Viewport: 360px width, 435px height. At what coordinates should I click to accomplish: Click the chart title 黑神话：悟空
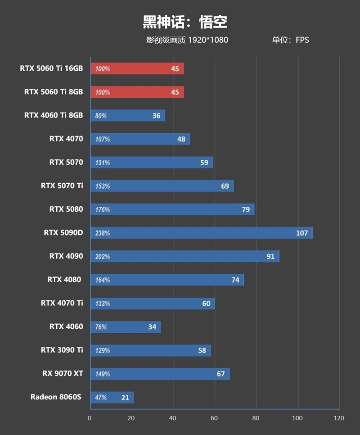pyautogui.click(x=185, y=21)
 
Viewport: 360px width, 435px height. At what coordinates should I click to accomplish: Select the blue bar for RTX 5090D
pyautogui.click(x=201, y=233)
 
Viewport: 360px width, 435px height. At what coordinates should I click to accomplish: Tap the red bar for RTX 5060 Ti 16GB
pyautogui.click(x=137, y=68)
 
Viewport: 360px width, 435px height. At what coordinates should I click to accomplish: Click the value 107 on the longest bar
pyautogui.click(x=302, y=233)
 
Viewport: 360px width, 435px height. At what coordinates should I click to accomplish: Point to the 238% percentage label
pyautogui.click(x=102, y=233)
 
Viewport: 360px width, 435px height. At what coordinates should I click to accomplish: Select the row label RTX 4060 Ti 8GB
pyautogui.click(x=54, y=115)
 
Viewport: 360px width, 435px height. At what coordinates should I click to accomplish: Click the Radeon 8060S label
pyautogui.click(x=57, y=397)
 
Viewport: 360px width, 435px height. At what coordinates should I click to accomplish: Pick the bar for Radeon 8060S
pyautogui.click(x=112, y=397)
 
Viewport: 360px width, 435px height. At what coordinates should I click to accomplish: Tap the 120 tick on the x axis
pyautogui.click(x=339, y=418)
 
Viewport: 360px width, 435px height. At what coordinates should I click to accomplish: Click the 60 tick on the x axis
pyautogui.click(x=215, y=418)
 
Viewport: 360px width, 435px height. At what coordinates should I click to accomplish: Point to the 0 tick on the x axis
pyautogui.click(x=90, y=418)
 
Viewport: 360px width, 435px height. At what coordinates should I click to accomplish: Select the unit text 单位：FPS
pyautogui.click(x=290, y=40)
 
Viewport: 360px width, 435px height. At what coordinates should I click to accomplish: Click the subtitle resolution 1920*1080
pyautogui.click(x=208, y=40)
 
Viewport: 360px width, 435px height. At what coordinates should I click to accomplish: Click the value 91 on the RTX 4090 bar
pyautogui.click(x=270, y=256)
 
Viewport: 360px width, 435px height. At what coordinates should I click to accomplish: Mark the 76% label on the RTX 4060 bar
pyautogui.click(x=101, y=327)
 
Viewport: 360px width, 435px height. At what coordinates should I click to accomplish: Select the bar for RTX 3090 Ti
pyautogui.click(x=150, y=350)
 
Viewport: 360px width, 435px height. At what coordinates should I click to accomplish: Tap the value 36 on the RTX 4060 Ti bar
pyautogui.click(x=156, y=116)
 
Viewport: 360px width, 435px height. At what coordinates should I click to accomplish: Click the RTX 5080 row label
pyautogui.click(x=66, y=209)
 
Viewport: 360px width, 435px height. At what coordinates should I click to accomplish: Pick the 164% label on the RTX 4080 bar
pyautogui.click(x=102, y=280)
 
